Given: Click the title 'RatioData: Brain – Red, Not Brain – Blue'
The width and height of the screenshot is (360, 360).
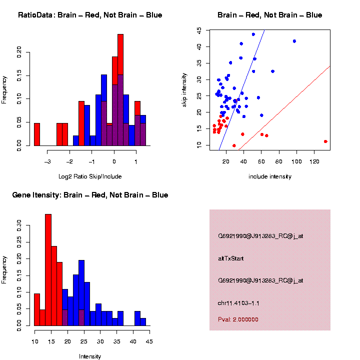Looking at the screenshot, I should [x=90, y=15].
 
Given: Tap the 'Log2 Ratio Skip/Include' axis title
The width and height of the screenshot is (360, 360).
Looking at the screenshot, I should [x=90, y=176].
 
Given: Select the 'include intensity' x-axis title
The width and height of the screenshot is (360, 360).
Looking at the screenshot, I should [x=269, y=176].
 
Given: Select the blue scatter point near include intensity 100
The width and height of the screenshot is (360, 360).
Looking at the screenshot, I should [x=294, y=41].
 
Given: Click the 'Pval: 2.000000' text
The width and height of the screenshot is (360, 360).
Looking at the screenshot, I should [x=238, y=319].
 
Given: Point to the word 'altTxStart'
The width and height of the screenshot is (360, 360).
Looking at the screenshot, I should [x=231, y=258].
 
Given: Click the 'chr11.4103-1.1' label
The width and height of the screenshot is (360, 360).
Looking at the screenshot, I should [x=238, y=303].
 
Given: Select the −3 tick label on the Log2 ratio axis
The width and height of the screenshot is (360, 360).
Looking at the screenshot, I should [x=48, y=162].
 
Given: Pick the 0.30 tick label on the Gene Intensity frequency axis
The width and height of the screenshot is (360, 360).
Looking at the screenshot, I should [x=19, y=222].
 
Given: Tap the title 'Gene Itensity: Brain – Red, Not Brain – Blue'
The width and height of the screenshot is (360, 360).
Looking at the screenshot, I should [x=90, y=195].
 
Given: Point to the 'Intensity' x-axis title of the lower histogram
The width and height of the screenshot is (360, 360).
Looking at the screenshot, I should [x=90, y=356].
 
